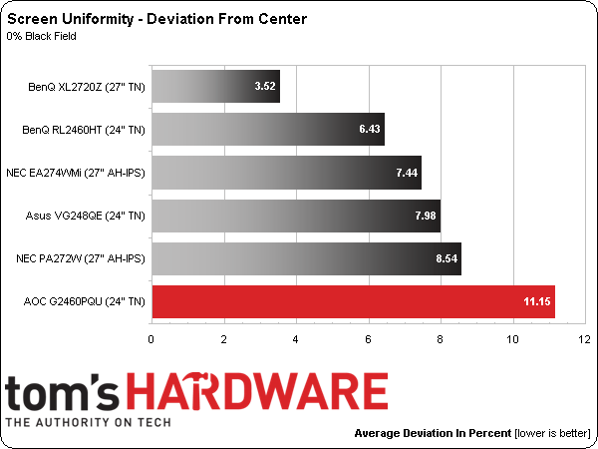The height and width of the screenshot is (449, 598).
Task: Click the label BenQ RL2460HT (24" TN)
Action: coord(84,129)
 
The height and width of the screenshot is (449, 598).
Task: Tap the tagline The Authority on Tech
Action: coord(89,422)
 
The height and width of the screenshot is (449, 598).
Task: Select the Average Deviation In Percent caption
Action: coord(433,434)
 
